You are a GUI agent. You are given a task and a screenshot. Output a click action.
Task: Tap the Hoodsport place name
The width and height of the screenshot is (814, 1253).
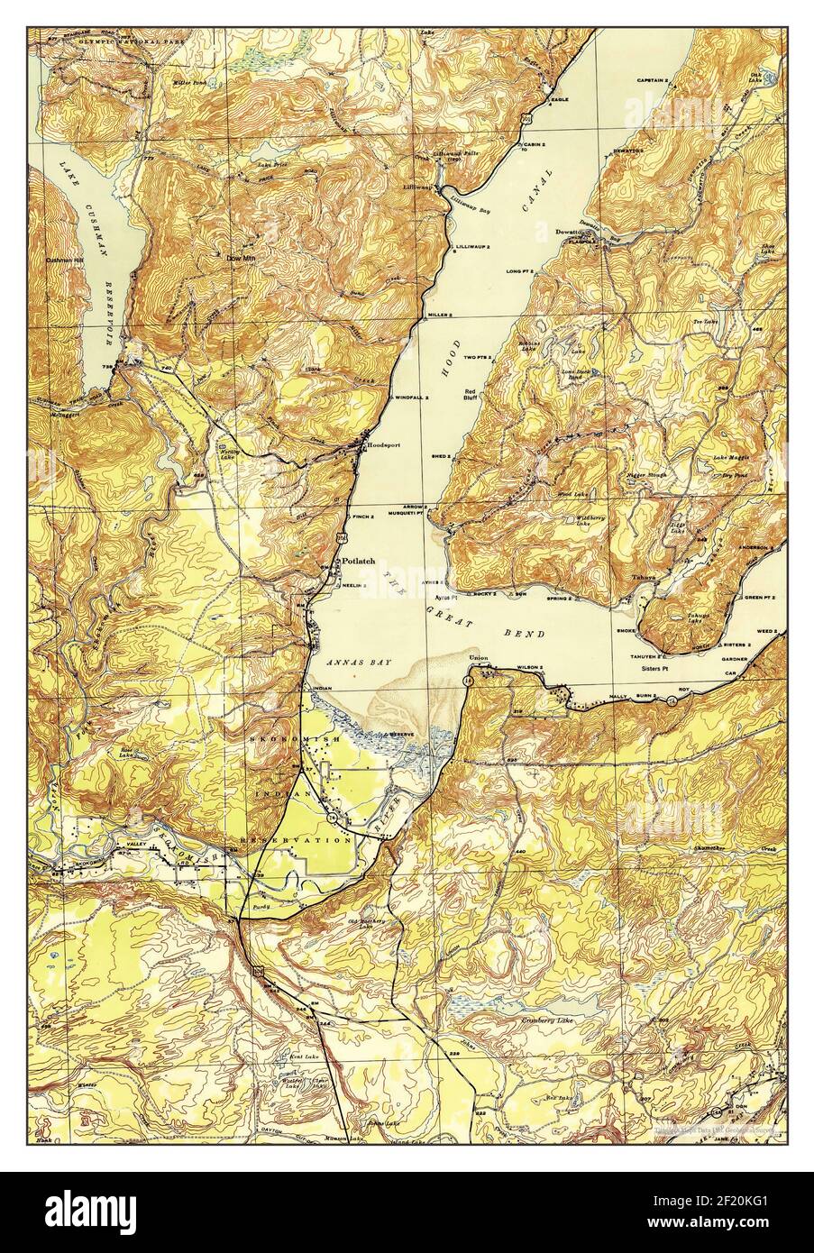(x=381, y=444)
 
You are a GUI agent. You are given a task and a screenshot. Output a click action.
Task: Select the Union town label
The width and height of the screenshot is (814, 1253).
(x=478, y=658)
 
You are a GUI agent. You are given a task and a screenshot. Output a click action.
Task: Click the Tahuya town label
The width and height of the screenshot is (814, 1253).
(x=643, y=580)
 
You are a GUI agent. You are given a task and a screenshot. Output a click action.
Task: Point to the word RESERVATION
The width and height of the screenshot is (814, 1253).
(x=295, y=839)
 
